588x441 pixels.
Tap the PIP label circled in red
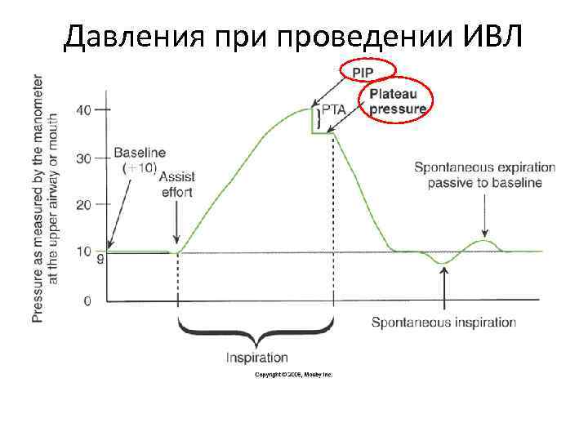[x=368, y=72]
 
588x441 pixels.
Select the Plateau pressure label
[x=398, y=101]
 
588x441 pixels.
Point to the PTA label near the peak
[x=333, y=109]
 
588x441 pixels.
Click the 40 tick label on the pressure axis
[x=84, y=110]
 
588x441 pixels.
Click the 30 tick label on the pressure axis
[x=84, y=158]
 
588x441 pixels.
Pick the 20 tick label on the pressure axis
[x=84, y=204]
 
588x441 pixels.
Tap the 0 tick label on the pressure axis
[x=87, y=301]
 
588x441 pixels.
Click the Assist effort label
[x=176, y=185]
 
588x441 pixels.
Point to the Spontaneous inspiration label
[x=443, y=323]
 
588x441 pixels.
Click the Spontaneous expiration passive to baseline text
[x=484, y=176]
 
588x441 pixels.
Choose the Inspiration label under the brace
[x=257, y=357]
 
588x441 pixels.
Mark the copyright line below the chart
[x=293, y=374]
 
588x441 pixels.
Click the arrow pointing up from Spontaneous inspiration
[x=443, y=290]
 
